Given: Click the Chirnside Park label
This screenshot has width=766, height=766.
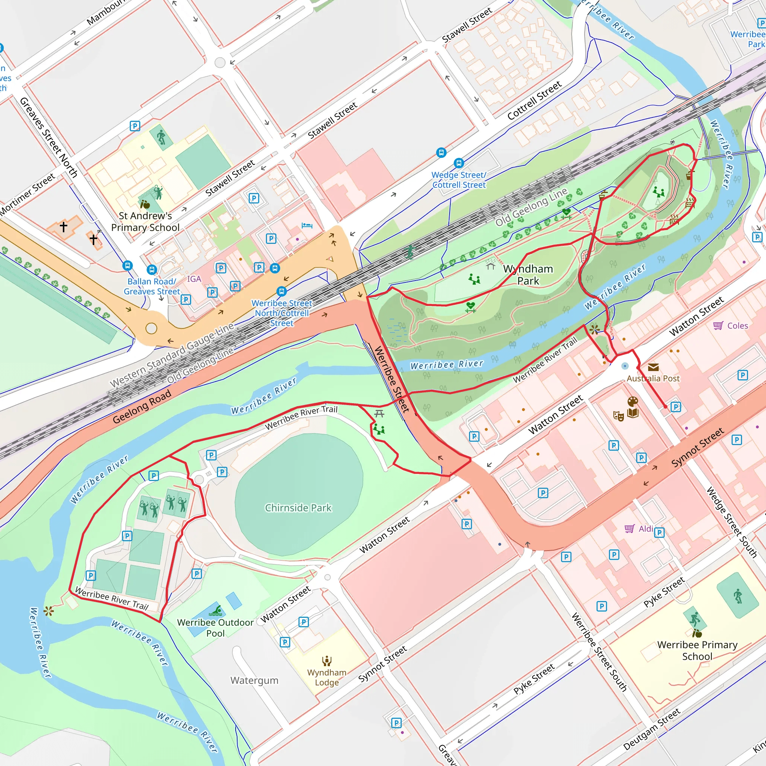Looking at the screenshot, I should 298,508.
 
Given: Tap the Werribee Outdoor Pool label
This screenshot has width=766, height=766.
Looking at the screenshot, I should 215,628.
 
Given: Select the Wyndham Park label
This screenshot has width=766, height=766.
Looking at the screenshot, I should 528,275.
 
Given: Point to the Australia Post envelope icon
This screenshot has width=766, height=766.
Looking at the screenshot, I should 653,367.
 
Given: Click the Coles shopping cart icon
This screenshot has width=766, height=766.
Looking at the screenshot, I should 718,325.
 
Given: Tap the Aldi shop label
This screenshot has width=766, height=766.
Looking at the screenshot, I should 646,528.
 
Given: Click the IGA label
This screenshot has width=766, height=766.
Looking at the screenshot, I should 194,279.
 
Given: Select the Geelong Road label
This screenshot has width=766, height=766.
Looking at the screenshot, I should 141,407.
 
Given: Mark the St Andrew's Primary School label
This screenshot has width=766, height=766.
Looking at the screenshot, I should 145,222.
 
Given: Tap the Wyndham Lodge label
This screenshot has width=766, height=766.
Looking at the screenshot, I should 327,677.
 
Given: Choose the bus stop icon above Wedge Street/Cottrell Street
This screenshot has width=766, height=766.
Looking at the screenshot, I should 459,163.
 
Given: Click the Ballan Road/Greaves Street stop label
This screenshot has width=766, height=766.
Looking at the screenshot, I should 152,286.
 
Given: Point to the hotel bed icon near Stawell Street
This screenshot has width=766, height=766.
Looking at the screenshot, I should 307,226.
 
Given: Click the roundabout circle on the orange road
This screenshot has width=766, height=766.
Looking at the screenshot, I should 151,328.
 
